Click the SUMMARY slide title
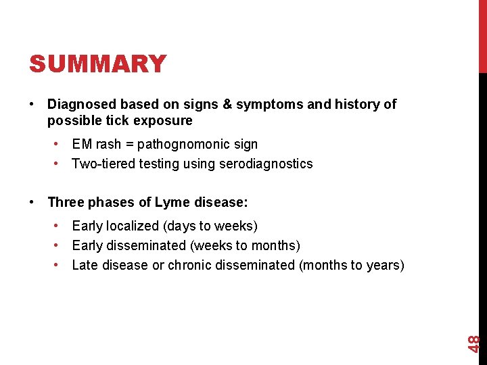coord(97,64)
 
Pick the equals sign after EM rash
coord(129,144)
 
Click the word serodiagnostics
coord(265,164)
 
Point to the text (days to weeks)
coord(213,226)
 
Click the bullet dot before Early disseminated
coord(60,245)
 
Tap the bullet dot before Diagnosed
coord(32,105)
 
